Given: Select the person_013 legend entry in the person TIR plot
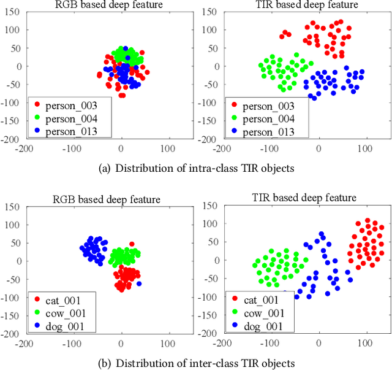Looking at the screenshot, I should [268, 132].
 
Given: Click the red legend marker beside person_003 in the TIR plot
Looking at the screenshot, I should [235, 106].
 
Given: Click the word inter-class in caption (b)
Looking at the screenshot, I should [206, 363].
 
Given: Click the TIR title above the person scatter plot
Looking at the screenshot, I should [296, 6].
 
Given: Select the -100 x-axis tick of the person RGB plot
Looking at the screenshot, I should [73, 148].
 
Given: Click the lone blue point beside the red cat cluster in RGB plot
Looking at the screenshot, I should [138, 283].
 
